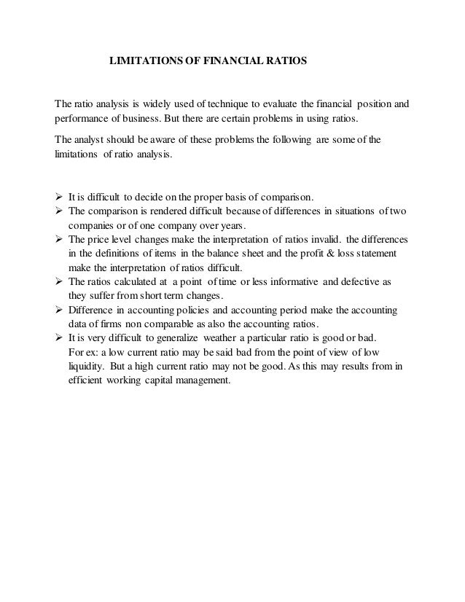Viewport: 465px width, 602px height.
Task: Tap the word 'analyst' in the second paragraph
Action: pos(92,140)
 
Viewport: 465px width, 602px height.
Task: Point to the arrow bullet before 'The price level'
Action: pos(59,239)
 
